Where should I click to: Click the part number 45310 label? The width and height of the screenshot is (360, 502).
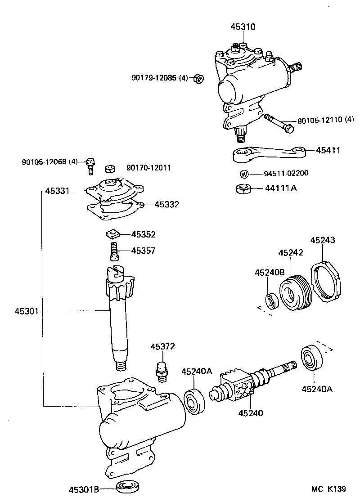(x=243, y=27)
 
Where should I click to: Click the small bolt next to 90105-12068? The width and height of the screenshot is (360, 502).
(x=90, y=166)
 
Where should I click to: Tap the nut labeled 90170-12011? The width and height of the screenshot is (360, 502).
(x=110, y=169)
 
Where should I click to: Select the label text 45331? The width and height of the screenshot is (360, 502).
(x=57, y=191)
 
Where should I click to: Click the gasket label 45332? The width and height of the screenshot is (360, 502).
(x=166, y=205)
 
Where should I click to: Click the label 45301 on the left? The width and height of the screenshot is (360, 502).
(x=27, y=310)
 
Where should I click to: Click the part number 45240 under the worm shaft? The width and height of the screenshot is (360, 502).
(x=251, y=413)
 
